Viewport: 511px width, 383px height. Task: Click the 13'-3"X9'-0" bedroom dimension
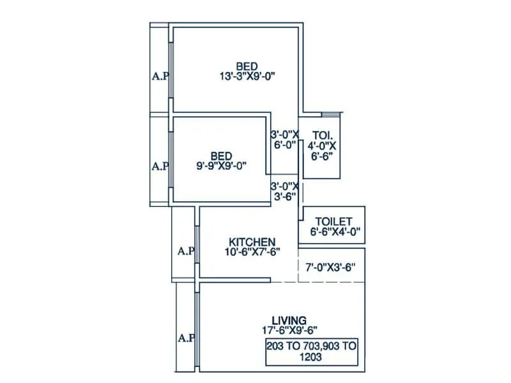coord(247,76)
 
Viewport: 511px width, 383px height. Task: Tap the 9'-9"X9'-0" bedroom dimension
coord(222,165)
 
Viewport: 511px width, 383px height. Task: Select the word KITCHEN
coord(252,242)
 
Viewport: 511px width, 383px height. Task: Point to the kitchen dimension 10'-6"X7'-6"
coord(252,252)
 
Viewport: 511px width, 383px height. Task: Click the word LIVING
coord(289,320)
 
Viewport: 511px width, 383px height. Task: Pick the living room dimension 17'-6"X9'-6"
coord(289,329)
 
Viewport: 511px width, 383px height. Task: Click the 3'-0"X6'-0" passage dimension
coord(284,140)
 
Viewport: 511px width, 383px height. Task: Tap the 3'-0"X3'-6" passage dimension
coord(284,191)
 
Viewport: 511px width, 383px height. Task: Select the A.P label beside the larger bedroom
coord(160,77)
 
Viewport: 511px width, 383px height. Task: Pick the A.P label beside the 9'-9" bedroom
coord(160,166)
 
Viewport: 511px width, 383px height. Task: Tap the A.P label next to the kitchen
coord(186,251)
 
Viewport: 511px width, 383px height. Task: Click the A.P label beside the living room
coord(186,337)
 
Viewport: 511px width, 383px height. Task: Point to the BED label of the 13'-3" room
coord(247,66)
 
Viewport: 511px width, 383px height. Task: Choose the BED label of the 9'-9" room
coord(222,155)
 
